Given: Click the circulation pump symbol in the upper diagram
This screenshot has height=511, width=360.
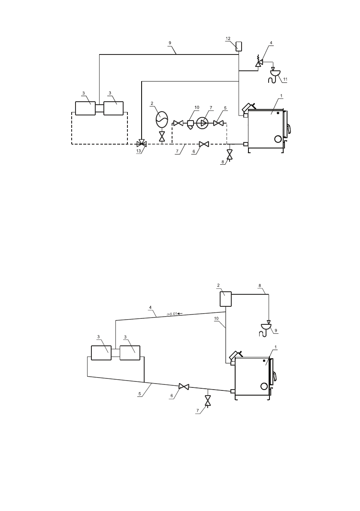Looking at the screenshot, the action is [203, 123].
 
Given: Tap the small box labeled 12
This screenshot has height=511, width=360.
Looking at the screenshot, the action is [239, 46].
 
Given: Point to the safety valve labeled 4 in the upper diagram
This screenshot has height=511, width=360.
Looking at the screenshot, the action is [259, 61].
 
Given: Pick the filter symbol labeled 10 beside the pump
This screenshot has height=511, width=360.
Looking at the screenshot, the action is [191, 124].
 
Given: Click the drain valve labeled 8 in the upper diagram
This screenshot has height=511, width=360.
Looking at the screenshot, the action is [230, 154].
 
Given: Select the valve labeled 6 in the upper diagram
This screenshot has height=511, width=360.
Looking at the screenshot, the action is [204, 144].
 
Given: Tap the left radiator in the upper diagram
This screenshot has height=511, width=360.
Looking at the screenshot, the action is [85, 108].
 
